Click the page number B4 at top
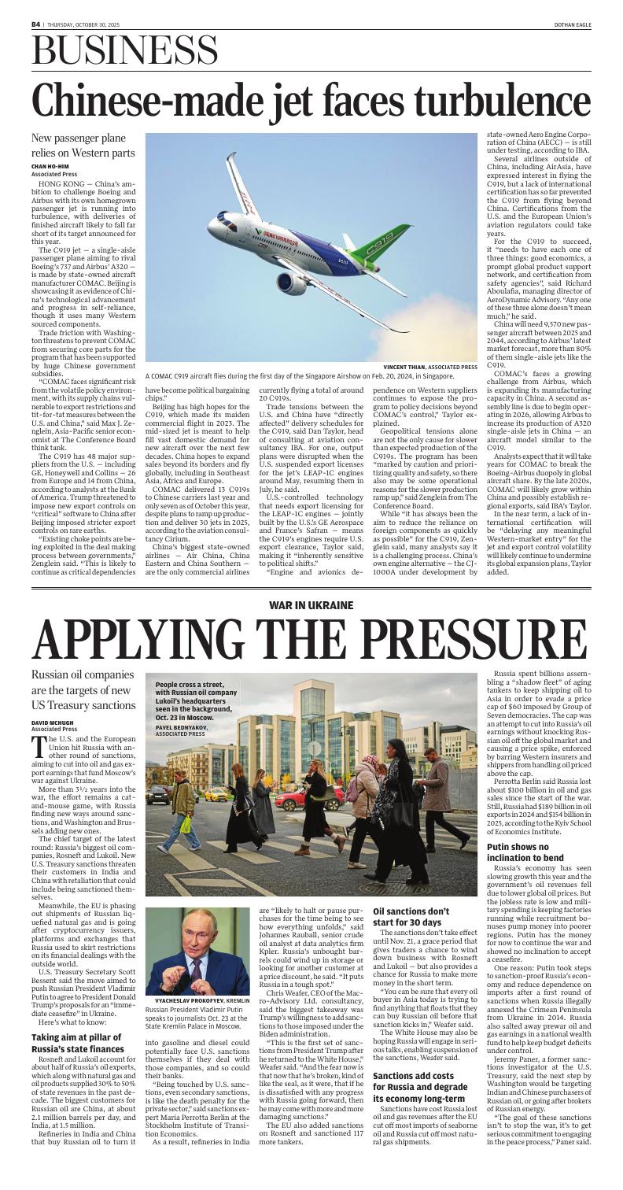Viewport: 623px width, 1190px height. point(35,24)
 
